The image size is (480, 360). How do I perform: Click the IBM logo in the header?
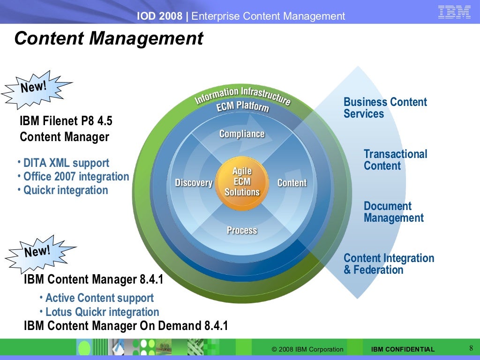[454, 12]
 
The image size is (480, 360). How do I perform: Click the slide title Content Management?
[109, 38]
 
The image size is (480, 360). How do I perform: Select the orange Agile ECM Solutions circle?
[242, 182]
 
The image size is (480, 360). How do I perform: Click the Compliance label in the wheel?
[242, 134]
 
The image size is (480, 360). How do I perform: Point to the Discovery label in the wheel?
[194, 183]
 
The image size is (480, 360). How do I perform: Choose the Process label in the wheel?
[242, 230]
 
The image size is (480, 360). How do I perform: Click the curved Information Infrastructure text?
[242, 95]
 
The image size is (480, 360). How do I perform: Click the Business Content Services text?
[385, 108]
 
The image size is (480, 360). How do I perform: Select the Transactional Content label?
[395, 160]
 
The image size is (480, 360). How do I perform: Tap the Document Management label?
[393, 212]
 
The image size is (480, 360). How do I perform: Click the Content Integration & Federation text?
[389, 264]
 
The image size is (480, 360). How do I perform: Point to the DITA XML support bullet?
[66, 163]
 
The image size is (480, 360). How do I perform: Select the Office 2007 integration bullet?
[76, 177]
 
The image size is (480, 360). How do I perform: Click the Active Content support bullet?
[99, 298]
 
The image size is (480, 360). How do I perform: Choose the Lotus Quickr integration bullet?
[102, 312]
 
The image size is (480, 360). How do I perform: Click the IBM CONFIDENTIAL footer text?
[403, 349]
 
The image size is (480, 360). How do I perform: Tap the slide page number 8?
[471, 348]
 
